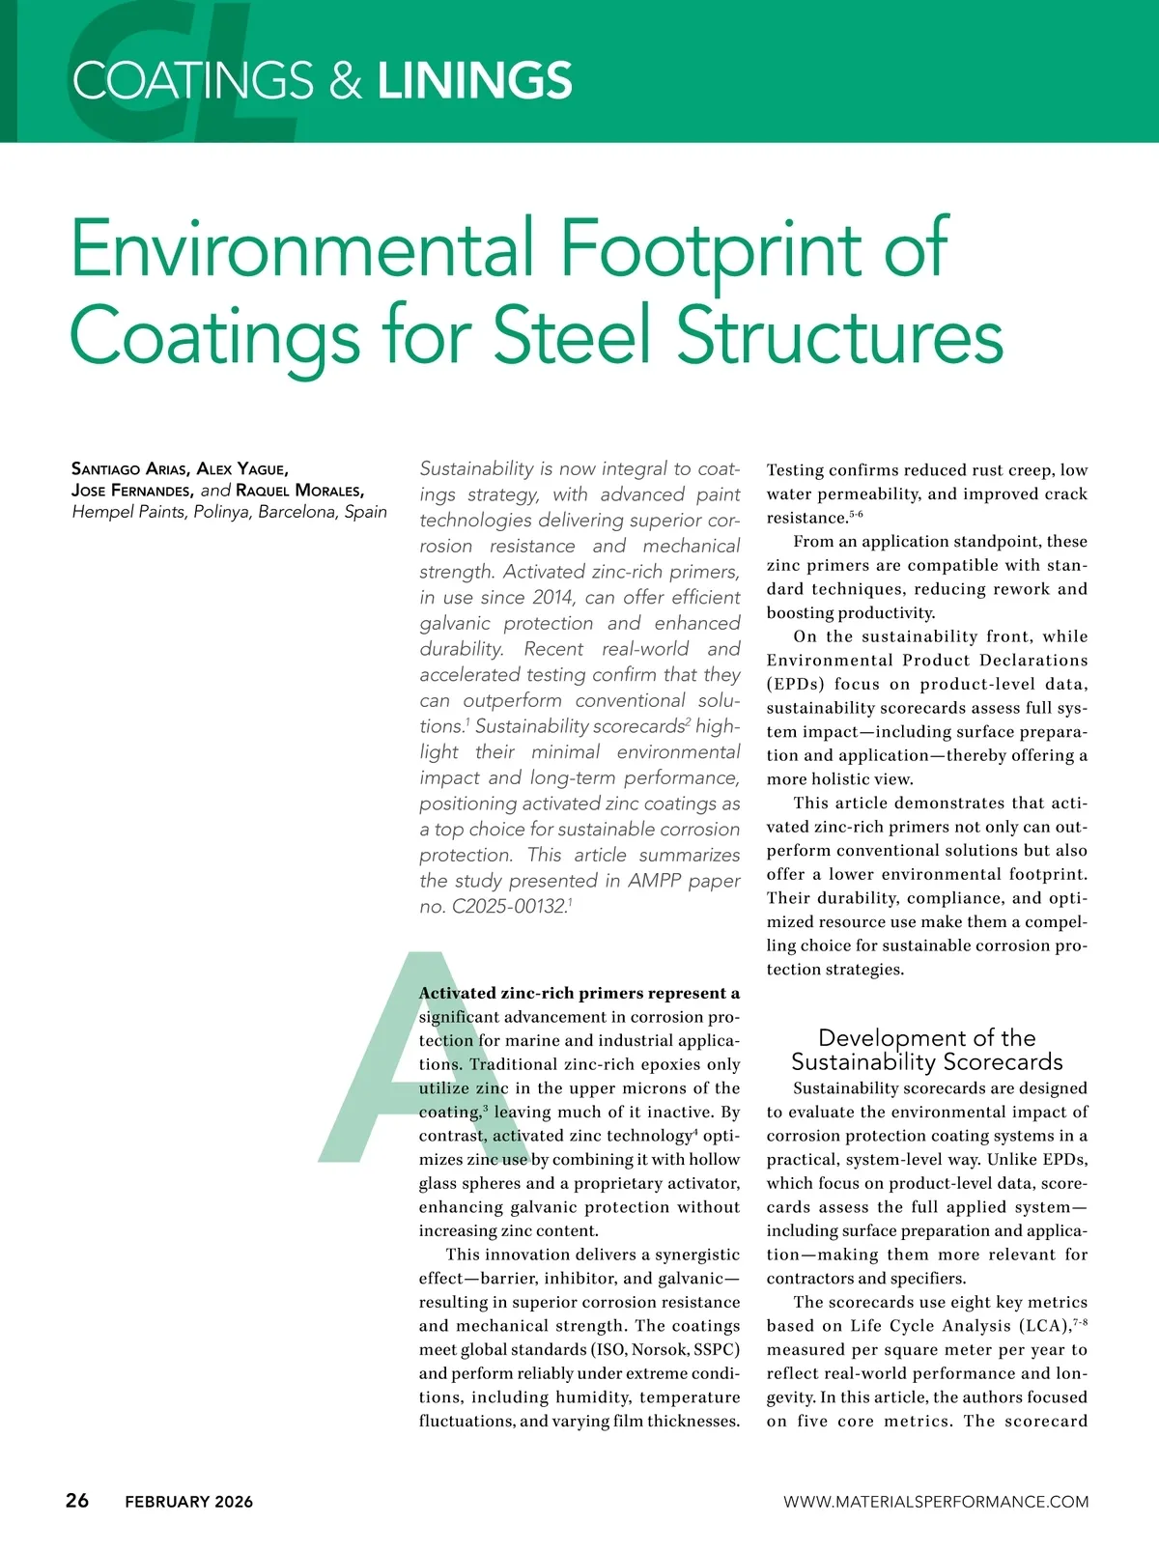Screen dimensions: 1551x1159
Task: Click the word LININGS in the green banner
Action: (474, 80)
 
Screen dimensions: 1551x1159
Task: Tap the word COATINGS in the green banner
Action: (193, 80)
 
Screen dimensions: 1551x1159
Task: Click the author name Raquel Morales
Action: (299, 490)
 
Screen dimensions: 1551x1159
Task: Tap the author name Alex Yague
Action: (241, 469)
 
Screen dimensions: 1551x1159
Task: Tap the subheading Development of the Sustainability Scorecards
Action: (926, 1050)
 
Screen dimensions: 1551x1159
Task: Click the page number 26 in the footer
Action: (77, 1500)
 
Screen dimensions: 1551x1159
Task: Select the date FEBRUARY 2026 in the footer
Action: (188, 1502)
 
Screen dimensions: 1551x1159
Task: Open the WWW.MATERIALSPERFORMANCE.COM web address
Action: (935, 1502)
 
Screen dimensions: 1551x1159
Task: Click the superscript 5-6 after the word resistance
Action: (856, 515)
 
